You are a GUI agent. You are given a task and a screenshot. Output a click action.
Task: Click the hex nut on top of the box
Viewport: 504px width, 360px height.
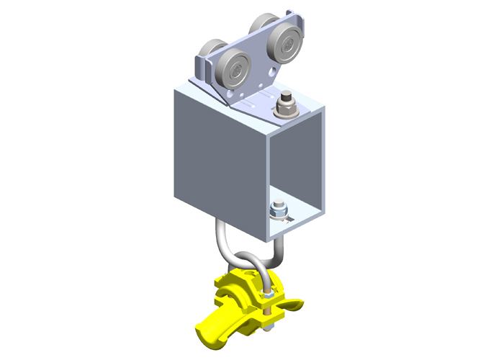pos(287,109)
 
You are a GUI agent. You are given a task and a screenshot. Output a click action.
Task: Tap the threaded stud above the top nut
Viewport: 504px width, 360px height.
pos(287,96)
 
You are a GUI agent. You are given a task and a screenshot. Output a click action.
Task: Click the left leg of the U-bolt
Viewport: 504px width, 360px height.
pos(220,238)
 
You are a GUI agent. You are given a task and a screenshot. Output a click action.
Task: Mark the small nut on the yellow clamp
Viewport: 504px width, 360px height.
pos(268,295)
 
